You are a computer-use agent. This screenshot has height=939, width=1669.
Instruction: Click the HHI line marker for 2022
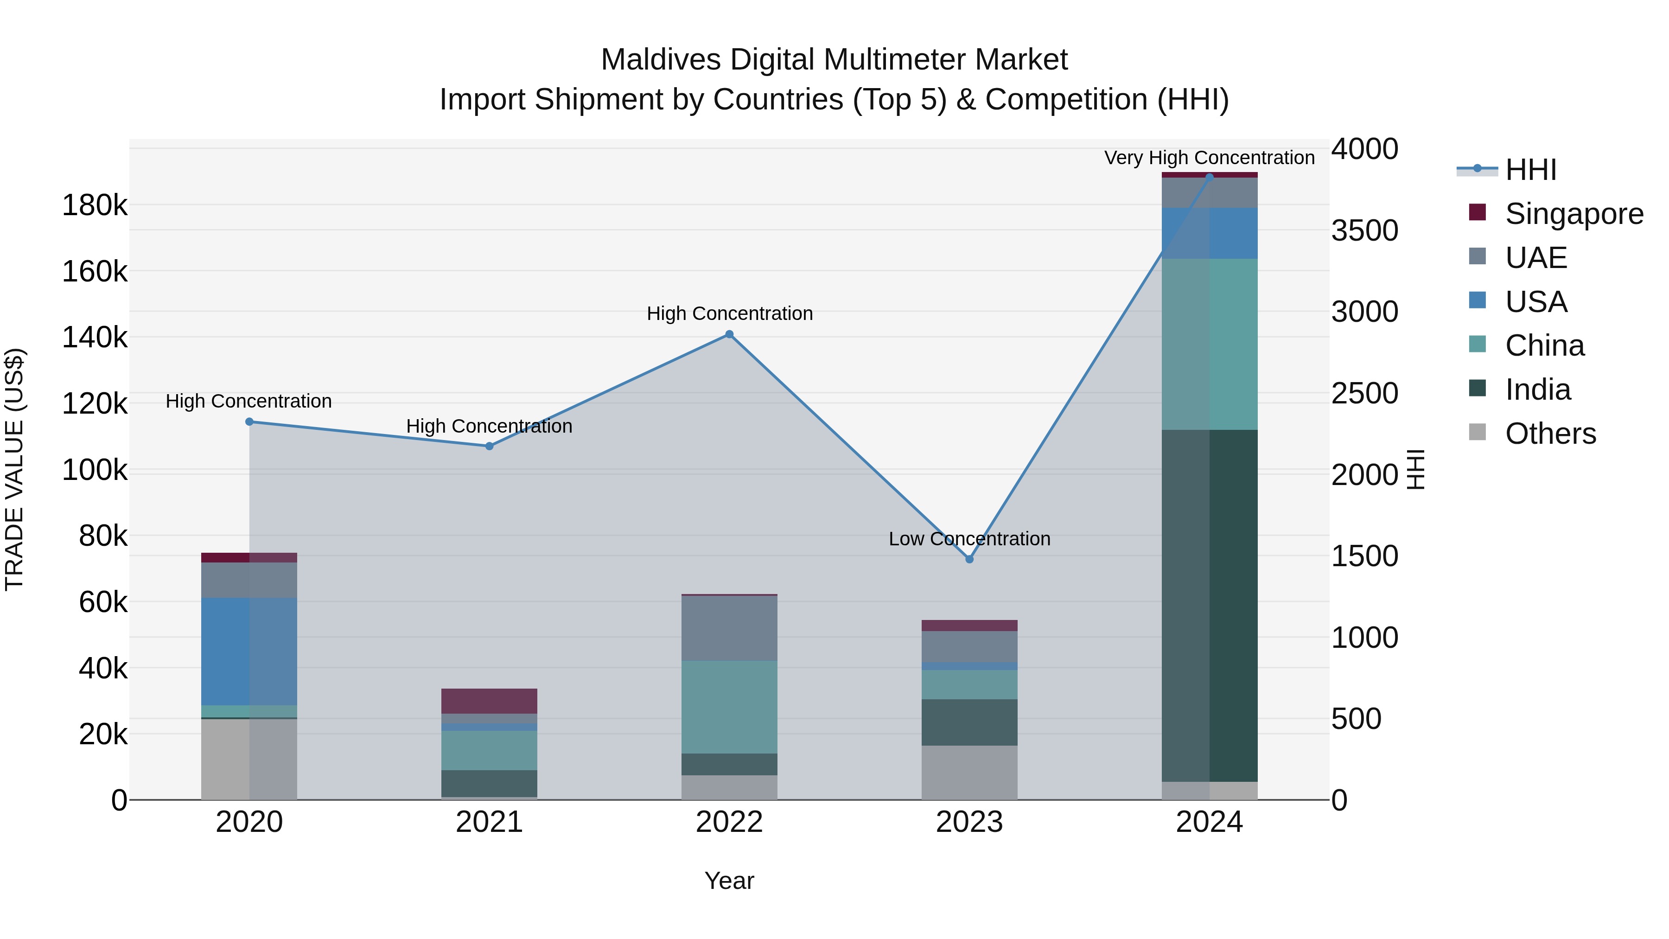coord(729,334)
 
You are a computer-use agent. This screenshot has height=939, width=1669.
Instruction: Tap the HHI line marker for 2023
coord(969,559)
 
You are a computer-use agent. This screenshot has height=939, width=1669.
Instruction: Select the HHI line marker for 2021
coord(489,446)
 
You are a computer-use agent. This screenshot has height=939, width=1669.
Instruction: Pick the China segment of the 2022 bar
coord(729,707)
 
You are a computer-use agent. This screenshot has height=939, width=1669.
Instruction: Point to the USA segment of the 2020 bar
coord(249,652)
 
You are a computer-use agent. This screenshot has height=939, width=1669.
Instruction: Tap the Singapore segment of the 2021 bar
coord(489,701)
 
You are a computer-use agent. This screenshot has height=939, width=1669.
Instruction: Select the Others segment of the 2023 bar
coord(969,773)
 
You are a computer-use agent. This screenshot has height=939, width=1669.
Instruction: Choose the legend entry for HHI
coord(1530,170)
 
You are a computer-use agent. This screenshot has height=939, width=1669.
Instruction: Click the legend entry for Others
coord(1550,434)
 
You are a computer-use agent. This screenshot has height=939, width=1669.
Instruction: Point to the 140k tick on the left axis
coord(95,338)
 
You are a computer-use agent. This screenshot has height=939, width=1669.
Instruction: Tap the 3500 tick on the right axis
coord(1364,231)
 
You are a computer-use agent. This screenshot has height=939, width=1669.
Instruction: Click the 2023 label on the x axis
coord(969,822)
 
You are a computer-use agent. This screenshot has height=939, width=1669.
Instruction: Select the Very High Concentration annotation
coord(1209,158)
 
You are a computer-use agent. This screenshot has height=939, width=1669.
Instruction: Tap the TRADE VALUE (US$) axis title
coord(14,469)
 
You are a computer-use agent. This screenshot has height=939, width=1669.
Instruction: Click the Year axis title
coord(729,881)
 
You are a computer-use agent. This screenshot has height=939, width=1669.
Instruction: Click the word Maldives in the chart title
coord(660,60)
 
